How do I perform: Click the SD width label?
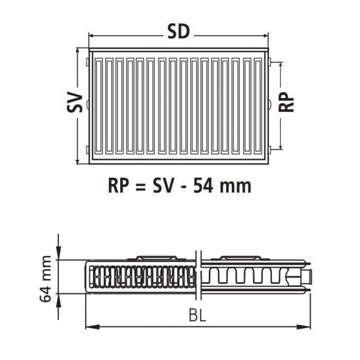179,32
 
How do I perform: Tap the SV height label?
75,102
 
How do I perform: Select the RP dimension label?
286,102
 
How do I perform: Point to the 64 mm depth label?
45,279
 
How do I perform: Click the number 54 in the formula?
203,186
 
